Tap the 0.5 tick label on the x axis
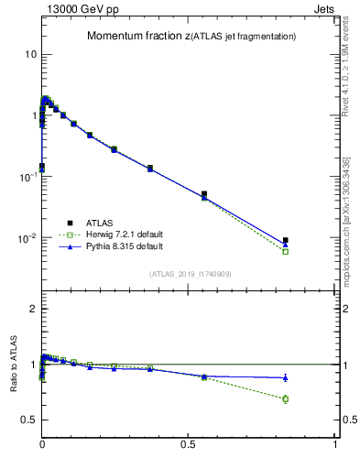(x=189, y=446)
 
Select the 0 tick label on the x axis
(x=42, y=446)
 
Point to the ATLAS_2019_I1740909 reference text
(x=189, y=274)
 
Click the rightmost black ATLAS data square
(x=286, y=241)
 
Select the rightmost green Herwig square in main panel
(x=286, y=251)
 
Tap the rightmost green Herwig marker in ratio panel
(x=286, y=398)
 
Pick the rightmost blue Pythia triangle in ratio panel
(x=286, y=377)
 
